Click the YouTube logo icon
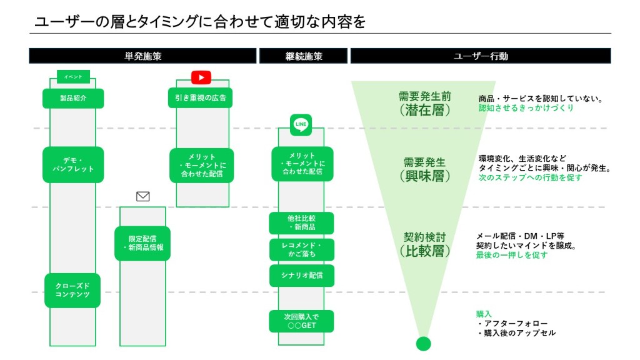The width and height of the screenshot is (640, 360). [201, 77]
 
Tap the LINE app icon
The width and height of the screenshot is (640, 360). [301, 124]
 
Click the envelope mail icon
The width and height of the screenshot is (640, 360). [143, 196]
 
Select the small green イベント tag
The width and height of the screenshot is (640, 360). [73, 77]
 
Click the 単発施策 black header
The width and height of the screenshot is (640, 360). [142, 56]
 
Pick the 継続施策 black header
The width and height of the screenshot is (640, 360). [303, 56]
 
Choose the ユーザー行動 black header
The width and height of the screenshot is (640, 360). [480, 56]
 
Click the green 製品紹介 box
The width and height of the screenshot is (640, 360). [73, 98]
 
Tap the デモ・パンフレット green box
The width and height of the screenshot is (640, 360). [73, 164]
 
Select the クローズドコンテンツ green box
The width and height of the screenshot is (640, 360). [72, 290]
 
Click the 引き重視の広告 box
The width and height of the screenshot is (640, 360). [200, 98]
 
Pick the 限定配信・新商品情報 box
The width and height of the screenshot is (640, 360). [142, 243]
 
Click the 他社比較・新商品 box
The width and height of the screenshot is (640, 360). [301, 223]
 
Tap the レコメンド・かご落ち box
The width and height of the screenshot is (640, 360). [301, 249]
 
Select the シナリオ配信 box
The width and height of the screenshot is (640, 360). [301, 276]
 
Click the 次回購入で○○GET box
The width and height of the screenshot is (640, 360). [301, 321]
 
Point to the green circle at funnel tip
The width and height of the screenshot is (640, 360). [423, 343]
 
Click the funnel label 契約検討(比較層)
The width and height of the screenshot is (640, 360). [424, 244]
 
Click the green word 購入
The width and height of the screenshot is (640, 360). [484, 314]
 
